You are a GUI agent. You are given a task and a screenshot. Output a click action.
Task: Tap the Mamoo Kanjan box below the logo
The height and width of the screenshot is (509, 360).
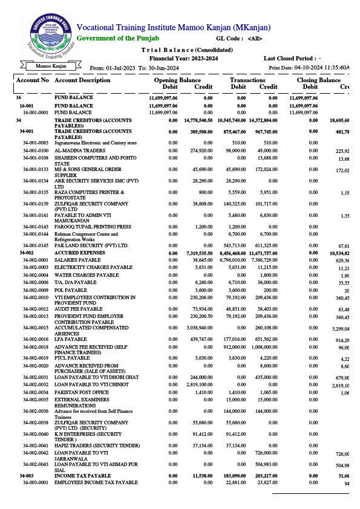pos(51,66)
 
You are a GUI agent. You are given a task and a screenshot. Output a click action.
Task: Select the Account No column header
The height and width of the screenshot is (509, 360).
pos(33,80)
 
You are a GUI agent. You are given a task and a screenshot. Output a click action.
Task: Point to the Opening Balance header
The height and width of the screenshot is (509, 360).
pos(177,80)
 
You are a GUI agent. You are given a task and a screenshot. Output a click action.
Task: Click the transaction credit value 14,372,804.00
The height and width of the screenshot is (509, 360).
pos(262,121)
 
